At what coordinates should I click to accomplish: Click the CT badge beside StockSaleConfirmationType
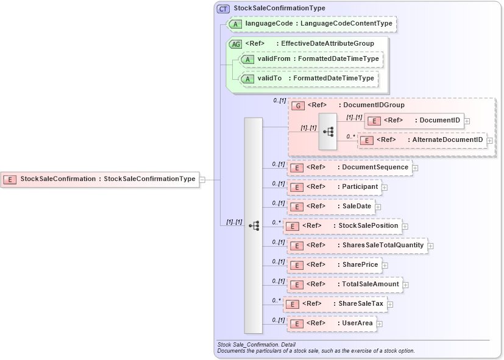click(223, 9)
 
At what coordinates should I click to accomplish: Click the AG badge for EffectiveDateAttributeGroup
click(235, 44)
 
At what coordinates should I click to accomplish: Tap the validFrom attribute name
click(269, 59)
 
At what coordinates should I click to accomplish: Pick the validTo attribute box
click(308, 79)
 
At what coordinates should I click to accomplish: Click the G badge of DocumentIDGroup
click(297, 105)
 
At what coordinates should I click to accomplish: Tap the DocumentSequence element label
click(375, 168)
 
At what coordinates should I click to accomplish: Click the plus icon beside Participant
click(385, 187)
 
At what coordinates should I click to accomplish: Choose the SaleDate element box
click(332, 206)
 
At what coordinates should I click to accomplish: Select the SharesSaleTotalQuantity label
click(384, 245)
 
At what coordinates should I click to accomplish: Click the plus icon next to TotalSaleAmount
click(405, 284)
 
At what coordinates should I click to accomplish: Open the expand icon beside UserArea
click(380, 323)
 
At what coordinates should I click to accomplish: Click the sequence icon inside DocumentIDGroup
click(328, 132)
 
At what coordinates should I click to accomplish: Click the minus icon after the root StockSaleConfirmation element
click(202, 179)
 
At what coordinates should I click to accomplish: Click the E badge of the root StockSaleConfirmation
click(10, 179)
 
